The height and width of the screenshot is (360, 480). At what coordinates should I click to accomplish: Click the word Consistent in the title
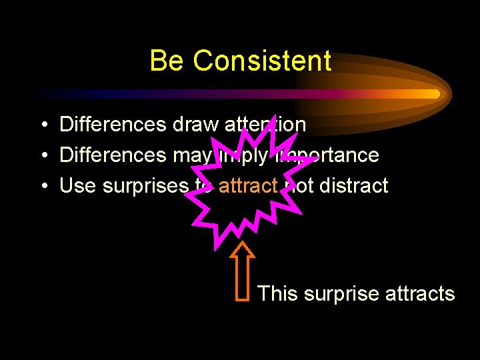[262, 61]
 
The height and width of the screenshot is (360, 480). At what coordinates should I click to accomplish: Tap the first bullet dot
[42, 125]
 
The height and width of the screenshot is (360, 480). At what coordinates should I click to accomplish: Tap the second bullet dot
[42, 155]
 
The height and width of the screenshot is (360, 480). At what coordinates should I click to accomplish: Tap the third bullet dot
[42, 186]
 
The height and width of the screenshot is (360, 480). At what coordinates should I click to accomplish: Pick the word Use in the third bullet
[78, 186]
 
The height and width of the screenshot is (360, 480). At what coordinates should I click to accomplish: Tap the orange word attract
[247, 186]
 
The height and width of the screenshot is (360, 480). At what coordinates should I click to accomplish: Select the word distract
[353, 186]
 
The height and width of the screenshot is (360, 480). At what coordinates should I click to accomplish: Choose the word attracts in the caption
[420, 294]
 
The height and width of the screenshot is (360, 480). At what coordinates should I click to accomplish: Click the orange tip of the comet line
[437, 94]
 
